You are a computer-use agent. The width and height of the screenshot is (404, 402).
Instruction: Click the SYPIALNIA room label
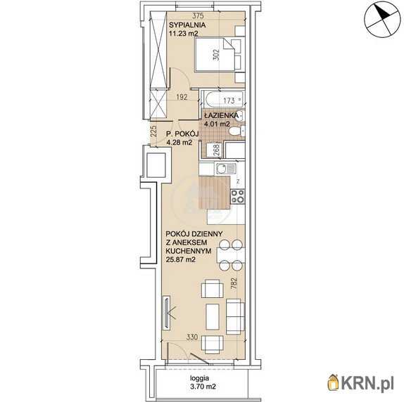[187, 25]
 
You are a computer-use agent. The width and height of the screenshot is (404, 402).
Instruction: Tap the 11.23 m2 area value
[184, 34]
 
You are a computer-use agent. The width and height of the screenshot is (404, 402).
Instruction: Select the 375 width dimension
[198, 15]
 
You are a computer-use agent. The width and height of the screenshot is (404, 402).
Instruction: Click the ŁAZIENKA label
[221, 115]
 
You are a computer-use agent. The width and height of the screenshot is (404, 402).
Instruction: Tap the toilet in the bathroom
[236, 131]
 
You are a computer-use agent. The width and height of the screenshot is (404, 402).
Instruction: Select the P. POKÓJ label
[182, 134]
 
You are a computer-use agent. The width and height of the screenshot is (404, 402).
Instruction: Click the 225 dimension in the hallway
[153, 131]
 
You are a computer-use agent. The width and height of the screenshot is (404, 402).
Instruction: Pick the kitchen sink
[226, 169]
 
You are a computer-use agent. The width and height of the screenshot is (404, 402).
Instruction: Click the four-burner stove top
[238, 196]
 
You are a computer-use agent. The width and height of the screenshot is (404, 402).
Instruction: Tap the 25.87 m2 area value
[181, 259]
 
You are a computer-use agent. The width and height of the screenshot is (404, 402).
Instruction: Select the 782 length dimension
[234, 283]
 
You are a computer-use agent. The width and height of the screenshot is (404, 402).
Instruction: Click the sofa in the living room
[235, 317]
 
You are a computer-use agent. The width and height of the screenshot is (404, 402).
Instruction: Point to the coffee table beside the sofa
[213, 317]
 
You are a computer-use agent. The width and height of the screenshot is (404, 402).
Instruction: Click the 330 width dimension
[192, 337]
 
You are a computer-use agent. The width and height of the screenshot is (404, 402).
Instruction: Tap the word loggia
[199, 378]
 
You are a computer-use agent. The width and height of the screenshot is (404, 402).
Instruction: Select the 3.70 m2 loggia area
[203, 387]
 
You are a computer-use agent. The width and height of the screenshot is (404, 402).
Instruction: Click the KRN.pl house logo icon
[334, 382]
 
